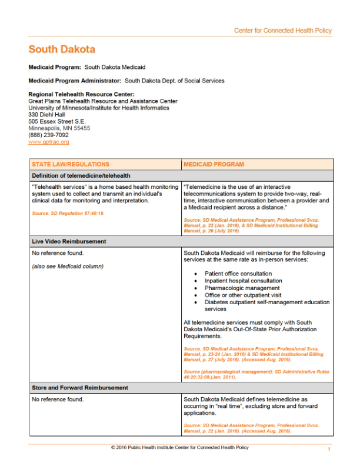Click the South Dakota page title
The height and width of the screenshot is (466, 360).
pyautogui.click(x=62, y=49)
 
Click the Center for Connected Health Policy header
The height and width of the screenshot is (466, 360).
pyautogui.click(x=283, y=31)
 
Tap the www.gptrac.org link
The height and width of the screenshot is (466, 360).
pyautogui.click(x=49, y=142)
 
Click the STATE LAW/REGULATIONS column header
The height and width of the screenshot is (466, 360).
pyautogui.click(x=71, y=164)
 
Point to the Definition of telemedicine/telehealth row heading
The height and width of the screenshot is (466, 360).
pyautogui.click(x=81, y=175)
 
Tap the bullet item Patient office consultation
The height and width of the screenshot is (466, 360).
pyautogui.click(x=238, y=274)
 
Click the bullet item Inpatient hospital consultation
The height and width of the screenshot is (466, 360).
pyautogui.click(x=243, y=281)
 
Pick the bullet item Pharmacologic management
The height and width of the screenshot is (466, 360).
pyautogui.click(x=238, y=288)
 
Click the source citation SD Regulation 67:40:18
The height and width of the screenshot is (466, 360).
pyautogui.click(x=68, y=213)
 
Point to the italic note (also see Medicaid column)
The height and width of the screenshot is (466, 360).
pyautogui.click(x=66, y=267)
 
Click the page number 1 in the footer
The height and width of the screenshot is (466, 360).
pyautogui.click(x=329, y=450)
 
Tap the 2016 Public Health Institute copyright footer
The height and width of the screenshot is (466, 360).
pyautogui.click(x=179, y=448)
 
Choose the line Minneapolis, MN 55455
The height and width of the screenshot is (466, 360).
pyautogui.click(x=59, y=128)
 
